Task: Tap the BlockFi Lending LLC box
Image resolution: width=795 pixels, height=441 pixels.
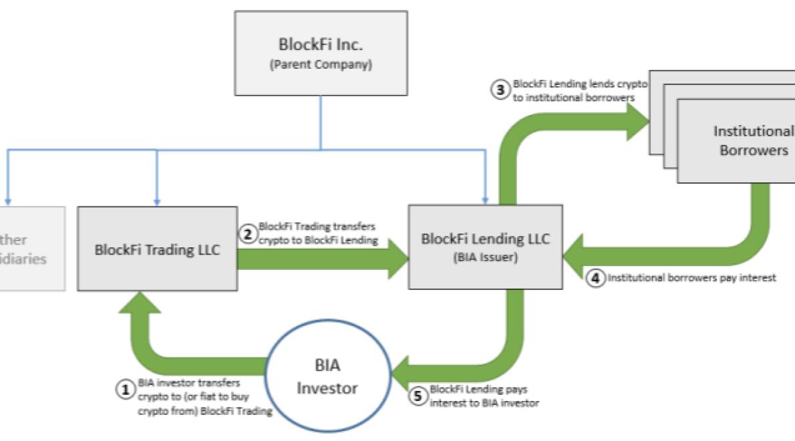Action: (x=486, y=247)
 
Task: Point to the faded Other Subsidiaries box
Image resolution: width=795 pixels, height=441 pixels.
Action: (x=30, y=249)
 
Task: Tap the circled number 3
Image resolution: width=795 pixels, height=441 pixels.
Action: (x=501, y=90)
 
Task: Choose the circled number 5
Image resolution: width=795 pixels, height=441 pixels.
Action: (x=418, y=396)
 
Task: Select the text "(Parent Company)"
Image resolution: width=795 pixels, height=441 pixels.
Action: (x=320, y=65)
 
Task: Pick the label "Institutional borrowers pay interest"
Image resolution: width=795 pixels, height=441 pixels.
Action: (x=691, y=279)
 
